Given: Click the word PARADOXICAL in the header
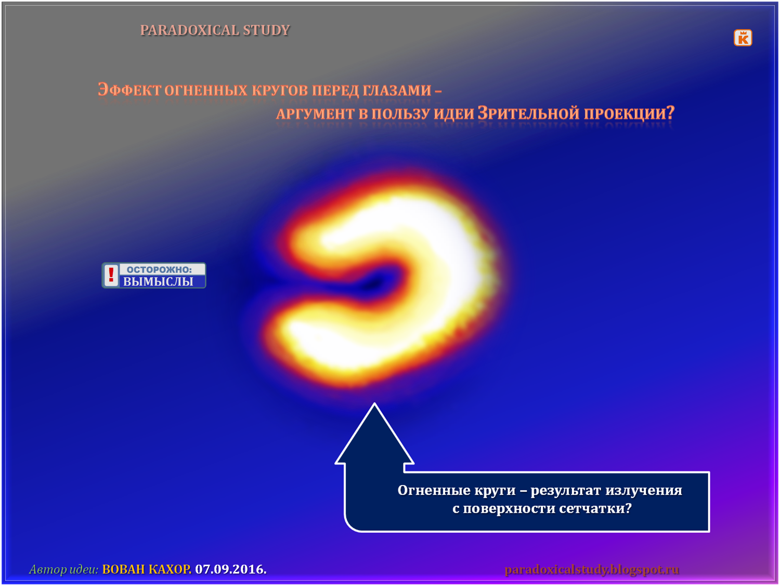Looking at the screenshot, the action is (189, 30).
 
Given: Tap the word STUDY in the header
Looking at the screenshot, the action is (267, 30).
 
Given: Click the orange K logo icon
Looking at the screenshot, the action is (743, 37).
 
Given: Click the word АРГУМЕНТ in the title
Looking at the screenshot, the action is (316, 114).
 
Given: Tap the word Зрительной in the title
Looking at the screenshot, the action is (529, 113).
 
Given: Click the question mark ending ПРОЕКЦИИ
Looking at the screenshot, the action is (670, 112).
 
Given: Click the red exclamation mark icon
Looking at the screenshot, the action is (111, 275).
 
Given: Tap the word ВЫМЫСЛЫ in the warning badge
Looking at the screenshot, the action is (158, 281).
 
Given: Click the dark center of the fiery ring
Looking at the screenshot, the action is (373, 282).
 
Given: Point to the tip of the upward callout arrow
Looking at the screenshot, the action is (374, 403).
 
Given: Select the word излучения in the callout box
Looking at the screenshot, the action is (644, 491).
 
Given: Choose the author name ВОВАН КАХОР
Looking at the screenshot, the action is (147, 569).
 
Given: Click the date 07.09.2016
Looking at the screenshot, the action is (231, 569).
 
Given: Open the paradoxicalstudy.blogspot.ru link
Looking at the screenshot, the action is (592, 569).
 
